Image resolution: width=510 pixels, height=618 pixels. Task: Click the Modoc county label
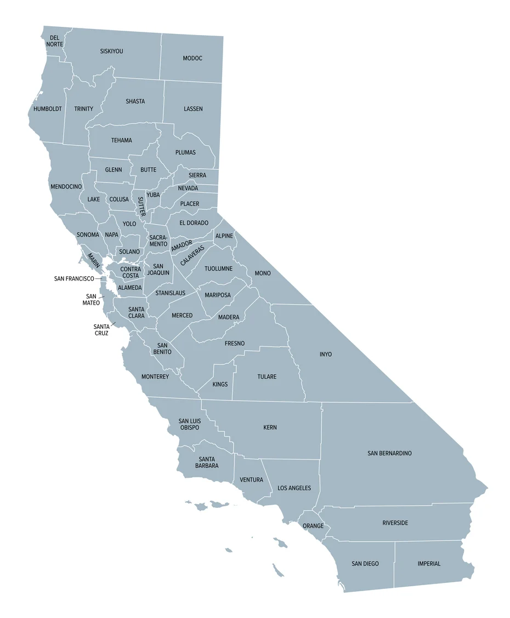click(192, 58)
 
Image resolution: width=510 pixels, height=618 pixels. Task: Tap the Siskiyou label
click(111, 51)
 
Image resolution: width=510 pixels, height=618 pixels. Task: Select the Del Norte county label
click(54, 41)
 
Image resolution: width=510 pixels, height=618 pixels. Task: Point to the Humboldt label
click(47, 108)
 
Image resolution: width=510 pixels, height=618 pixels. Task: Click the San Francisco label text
click(74, 278)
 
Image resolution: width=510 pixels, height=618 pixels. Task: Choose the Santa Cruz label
click(101, 330)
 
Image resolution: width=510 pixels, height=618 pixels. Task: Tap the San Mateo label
click(90, 299)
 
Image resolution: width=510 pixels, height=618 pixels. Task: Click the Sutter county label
click(141, 206)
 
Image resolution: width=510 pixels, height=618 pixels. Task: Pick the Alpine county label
click(224, 236)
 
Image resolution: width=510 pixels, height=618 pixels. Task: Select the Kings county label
click(220, 384)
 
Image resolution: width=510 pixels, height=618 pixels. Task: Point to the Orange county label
click(313, 526)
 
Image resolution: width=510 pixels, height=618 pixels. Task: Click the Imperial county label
click(429, 563)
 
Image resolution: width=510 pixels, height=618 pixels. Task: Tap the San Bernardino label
click(389, 453)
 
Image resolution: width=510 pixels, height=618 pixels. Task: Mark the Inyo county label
click(326, 354)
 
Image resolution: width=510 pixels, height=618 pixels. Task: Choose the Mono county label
click(263, 273)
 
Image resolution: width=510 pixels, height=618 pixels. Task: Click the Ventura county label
click(251, 479)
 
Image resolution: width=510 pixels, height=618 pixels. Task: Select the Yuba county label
click(153, 194)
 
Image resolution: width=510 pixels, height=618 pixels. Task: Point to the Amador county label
click(182, 246)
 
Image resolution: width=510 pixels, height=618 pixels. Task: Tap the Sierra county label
click(197, 175)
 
